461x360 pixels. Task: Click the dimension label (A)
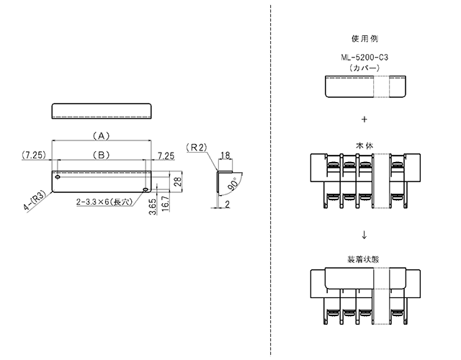coord(101,136)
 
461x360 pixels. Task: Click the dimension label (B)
coord(101,155)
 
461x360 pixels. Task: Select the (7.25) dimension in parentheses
coord(34,155)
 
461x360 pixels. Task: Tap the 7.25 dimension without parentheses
coord(166,156)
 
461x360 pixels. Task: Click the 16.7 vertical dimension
coord(166,203)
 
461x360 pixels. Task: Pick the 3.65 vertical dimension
coord(152,207)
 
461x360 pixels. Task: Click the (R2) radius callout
coord(197,147)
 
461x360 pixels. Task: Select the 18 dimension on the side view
coord(225,156)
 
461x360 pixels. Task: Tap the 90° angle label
coord(233,184)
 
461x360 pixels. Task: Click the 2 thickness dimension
coord(228,204)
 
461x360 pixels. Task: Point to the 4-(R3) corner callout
coord(35,200)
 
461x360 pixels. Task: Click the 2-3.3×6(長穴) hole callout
coord(104,202)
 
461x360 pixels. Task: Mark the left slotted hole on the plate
coord(58,177)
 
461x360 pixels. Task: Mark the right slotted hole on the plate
coord(146,189)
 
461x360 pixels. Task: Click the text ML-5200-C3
coord(364,58)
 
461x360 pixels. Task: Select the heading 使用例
coord(364,39)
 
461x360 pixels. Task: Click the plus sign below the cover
coord(364,119)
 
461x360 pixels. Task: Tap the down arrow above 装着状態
coord(364,235)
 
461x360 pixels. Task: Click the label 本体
coord(364,145)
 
